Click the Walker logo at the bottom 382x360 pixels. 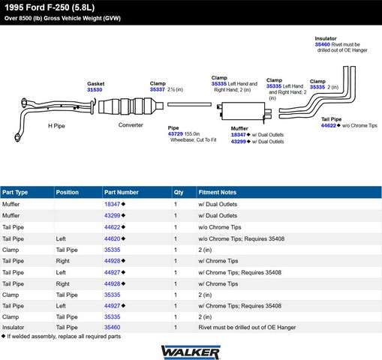click(x=191, y=352)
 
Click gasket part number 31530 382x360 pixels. click(x=95, y=90)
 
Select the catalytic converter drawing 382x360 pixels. click(x=131, y=106)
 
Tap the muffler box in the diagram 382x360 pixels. click(x=243, y=111)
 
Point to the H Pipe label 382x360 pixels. click(x=56, y=126)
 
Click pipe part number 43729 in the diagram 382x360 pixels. click(x=175, y=134)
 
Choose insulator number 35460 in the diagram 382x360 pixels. click(x=323, y=44)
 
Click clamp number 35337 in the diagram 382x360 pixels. click(x=158, y=89)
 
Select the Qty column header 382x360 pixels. click(x=179, y=192)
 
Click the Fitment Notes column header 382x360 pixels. click(x=218, y=192)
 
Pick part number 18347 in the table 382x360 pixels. click(x=113, y=204)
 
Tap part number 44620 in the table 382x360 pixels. click(x=113, y=238)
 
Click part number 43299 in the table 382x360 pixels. click(x=113, y=215)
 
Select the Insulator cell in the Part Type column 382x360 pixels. click(x=13, y=327)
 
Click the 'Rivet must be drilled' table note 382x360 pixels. click(x=247, y=327)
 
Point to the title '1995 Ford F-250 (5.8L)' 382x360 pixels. click(x=50, y=7)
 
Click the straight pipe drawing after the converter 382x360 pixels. click(x=189, y=104)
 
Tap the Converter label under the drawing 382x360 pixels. click(x=131, y=125)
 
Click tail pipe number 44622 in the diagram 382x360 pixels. click(x=329, y=125)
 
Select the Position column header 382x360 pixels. click(x=68, y=192)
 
